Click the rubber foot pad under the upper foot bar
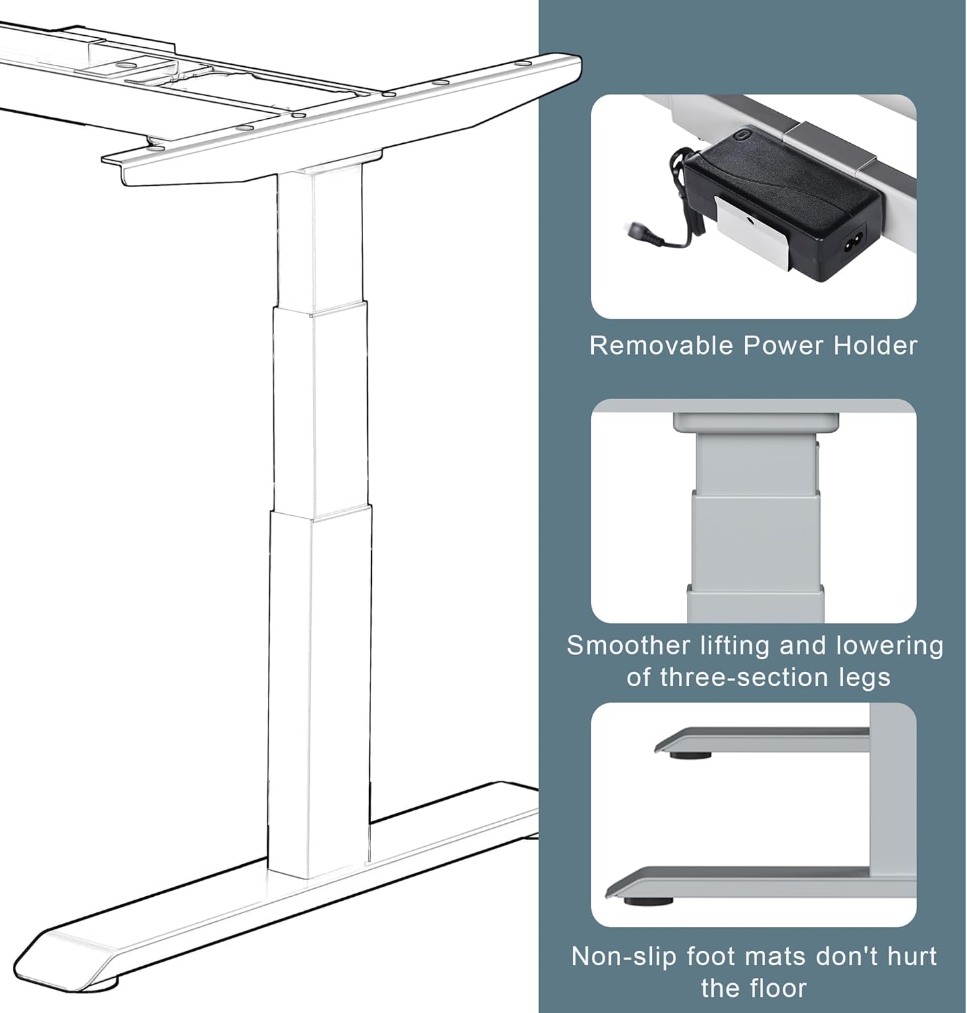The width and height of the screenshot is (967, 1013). pyautogui.click(x=690, y=755)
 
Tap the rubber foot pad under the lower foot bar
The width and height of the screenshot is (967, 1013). pyautogui.click(x=648, y=900)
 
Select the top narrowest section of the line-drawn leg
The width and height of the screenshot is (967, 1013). pyautogui.click(x=319, y=236)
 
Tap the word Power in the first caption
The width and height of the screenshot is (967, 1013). pyautogui.click(x=783, y=346)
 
